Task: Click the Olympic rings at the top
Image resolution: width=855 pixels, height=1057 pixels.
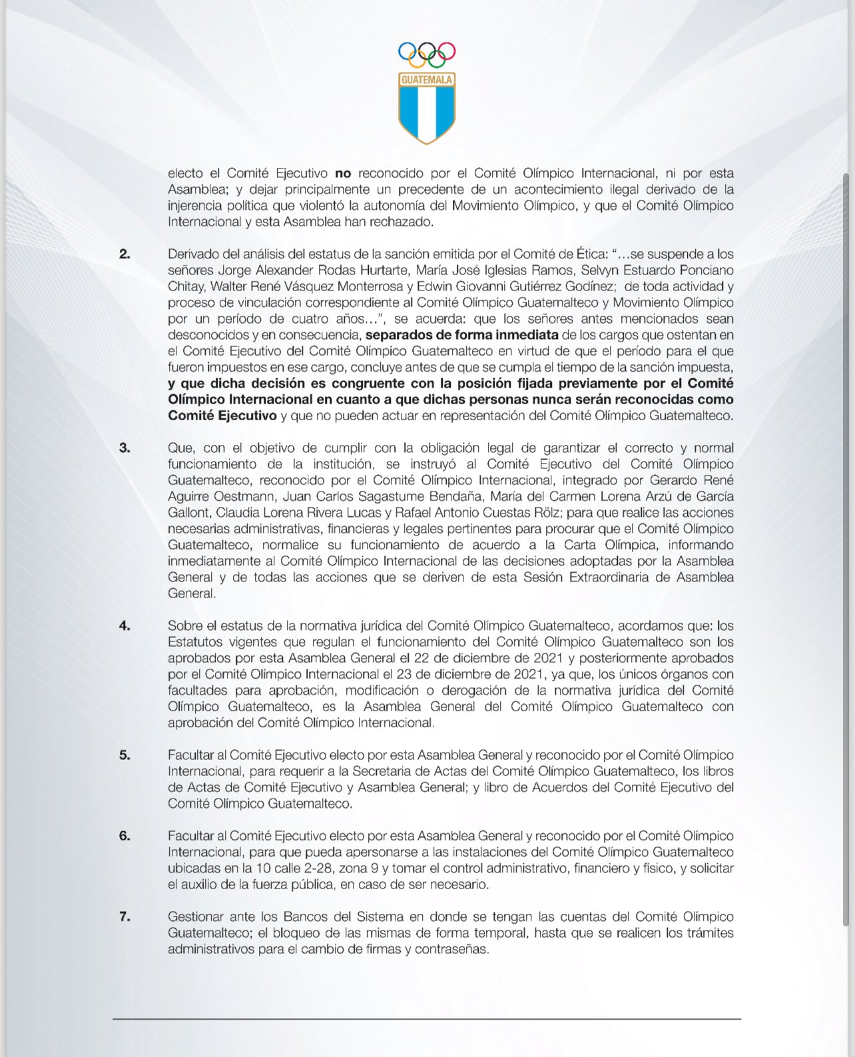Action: pyautogui.click(x=427, y=55)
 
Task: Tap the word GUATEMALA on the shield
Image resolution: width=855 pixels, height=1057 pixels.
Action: pyautogui.click(x=427, y=80)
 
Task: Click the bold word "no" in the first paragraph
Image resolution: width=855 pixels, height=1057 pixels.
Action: pyautogui.click(x=343, y=173)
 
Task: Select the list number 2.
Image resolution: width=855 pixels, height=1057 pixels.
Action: pyautogui.click(x=125, y=254)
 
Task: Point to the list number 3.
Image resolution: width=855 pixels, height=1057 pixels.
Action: pyautogui.click(x=125, y=448)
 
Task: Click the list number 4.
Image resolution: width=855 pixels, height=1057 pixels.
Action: pyautogui.click(x=125, y=625)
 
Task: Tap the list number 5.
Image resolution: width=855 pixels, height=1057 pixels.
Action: pyautogui.click(x=125, y=755)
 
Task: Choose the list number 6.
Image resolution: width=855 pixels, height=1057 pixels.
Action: pyautogui.click(x=125, y=835)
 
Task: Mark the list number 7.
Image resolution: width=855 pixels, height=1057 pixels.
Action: pyautogui.click(x=125, y=916)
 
